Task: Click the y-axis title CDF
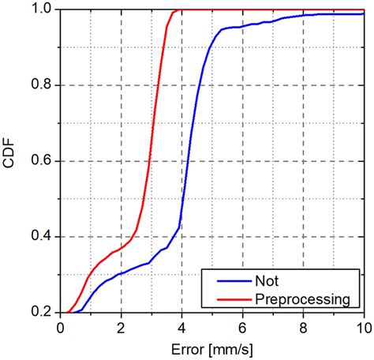14,160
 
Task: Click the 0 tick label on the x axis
61,326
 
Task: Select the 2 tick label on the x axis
122,326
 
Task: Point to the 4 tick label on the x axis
181,326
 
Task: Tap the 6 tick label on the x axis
242,326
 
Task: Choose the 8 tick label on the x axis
303,326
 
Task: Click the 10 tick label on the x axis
362,326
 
